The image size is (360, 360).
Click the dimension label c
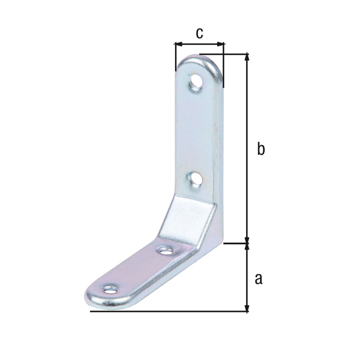click(x=199, y=34)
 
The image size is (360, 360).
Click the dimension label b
click(x=260, y=149)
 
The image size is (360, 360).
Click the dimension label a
click(x=259, y=279)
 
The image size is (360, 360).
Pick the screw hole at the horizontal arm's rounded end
click(x=110, y=290)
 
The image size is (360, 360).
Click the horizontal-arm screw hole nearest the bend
click(x=166, y=251)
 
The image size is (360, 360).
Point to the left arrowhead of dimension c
click(x=178, y=44)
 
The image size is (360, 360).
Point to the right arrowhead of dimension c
click(x=220, y=44)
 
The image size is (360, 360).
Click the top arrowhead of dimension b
click(x=247, y=57)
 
